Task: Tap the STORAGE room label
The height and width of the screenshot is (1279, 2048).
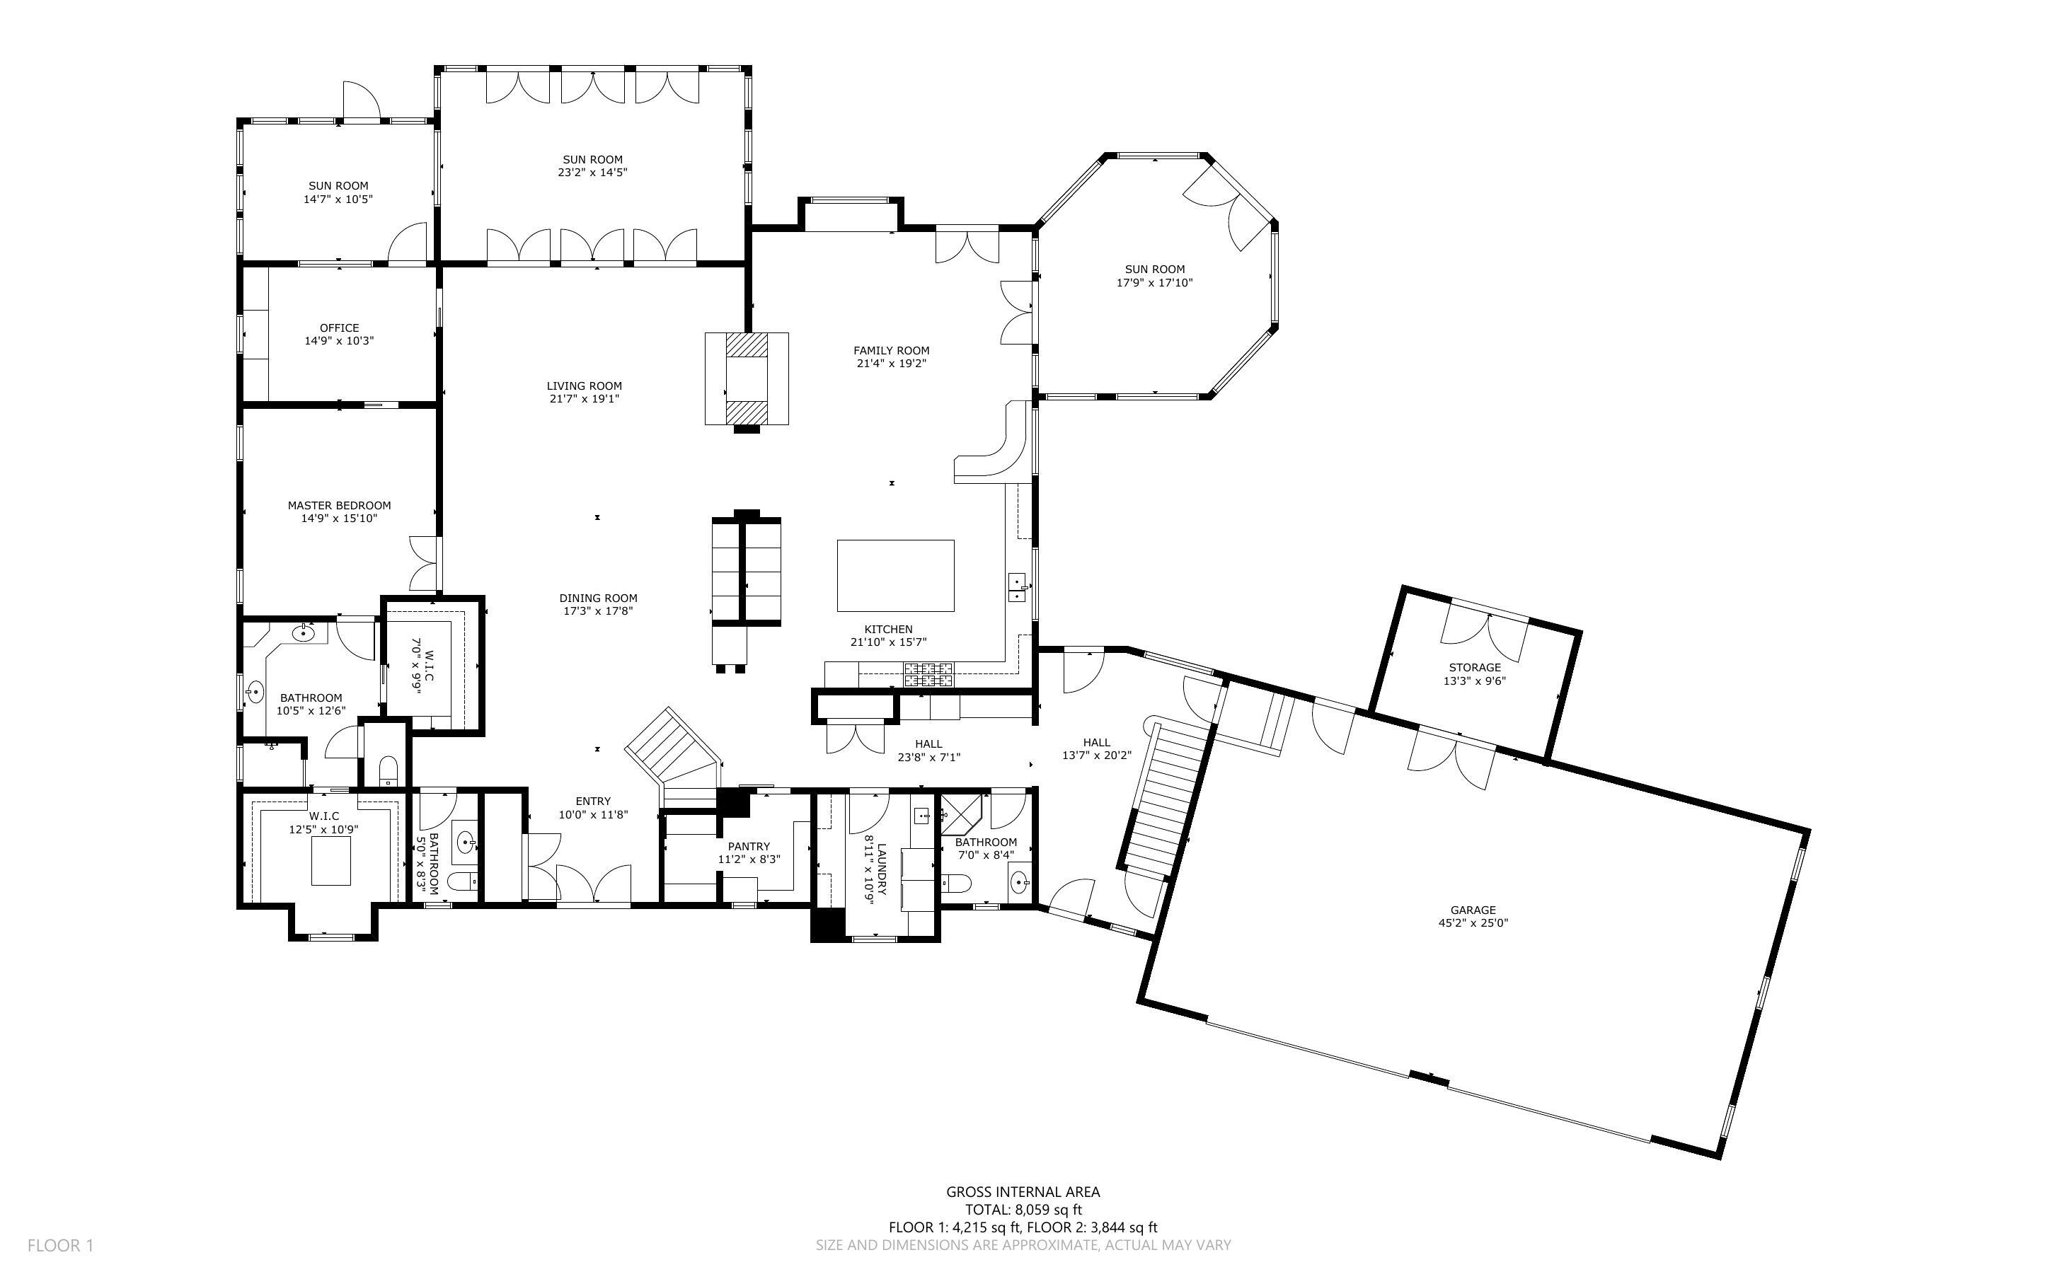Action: coord(1475,667)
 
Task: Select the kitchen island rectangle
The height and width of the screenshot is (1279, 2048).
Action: coord(895,575)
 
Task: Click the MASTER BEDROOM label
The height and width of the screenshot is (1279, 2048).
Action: coord(339,505)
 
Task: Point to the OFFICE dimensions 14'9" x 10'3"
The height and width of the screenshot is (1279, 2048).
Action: coord(339,341)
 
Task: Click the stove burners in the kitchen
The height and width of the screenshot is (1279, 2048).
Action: coord(928,674)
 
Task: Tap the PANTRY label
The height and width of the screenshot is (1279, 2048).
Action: coord(749,846)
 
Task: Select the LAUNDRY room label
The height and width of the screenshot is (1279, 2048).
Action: coord(880,869)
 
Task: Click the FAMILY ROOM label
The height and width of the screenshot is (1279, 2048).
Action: coord(891,350)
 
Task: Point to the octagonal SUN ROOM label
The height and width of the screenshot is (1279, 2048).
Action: coord(1155,269)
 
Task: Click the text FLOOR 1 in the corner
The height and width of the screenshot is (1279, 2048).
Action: coord(60,1245)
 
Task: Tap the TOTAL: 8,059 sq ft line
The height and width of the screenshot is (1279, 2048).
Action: coord(1023,1210)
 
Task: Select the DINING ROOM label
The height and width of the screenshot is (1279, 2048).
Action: coord(598,598)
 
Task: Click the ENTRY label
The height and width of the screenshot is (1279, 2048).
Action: coord(593,801)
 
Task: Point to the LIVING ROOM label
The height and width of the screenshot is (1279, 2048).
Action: coord(584,386)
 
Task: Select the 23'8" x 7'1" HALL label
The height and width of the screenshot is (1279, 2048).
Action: coord(928,744)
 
